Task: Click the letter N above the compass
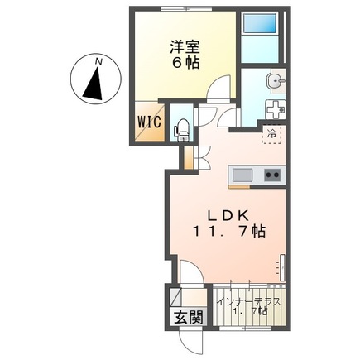[98, 62]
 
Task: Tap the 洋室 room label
[185, 46]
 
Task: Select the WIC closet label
[149, 122]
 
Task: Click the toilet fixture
[180, 130]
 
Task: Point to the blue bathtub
[260, 24]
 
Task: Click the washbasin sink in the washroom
[276, 80]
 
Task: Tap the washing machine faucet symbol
[275, 109]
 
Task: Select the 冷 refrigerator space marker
[271, 134]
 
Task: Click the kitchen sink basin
[242, 175]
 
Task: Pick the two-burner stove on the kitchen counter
[272, 175]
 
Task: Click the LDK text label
[228, 216]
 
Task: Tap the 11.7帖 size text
[228, 232]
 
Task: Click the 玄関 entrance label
[189, 317]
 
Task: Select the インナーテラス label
[249, 302]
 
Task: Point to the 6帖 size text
[185, 63]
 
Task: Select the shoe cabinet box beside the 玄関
[175, 297]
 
